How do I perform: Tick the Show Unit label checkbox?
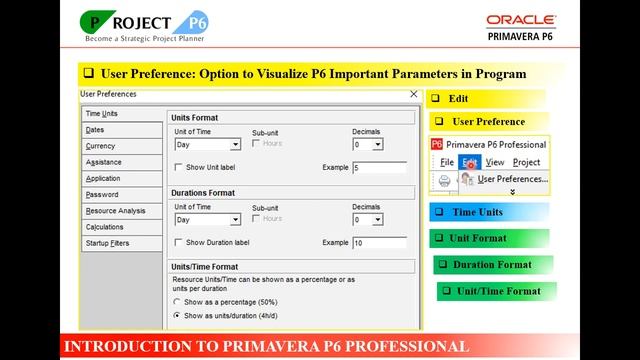coord(179,167)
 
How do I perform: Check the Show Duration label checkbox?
coord(179,242)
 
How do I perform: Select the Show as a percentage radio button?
coord(178,301)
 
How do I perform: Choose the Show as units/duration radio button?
coord(178,315)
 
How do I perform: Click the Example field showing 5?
coord(380,167)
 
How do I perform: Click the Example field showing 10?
coord(380,243)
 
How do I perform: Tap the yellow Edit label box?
coord(486,99)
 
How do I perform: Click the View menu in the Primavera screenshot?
coord(495,162)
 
